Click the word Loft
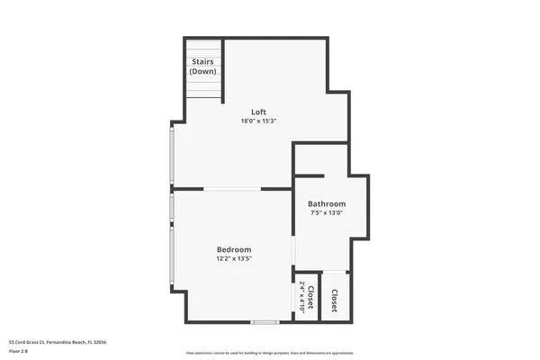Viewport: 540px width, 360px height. click(x=258, y=112)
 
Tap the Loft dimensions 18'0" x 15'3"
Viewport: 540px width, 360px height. click(x=258, y=121)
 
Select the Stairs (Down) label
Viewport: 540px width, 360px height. click(x=203, y=66)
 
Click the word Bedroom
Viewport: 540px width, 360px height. click(x=233, y=249)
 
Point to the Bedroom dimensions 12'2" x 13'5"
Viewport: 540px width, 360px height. click(x=233, y=259)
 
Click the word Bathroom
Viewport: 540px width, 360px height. click(x=327, y=204)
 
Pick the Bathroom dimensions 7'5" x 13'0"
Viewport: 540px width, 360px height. click(x=327, y=214)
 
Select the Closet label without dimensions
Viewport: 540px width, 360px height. click(x=334, y=301)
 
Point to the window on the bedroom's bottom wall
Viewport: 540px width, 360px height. click(x=265, y=321)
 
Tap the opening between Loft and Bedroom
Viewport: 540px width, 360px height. click(x=233, y=188)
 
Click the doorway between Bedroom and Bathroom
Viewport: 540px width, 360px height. click(x=293, y=251)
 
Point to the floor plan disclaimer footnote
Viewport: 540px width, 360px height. click(x=269, y=354)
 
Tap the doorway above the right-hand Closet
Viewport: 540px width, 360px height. click(x=334, y=272)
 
